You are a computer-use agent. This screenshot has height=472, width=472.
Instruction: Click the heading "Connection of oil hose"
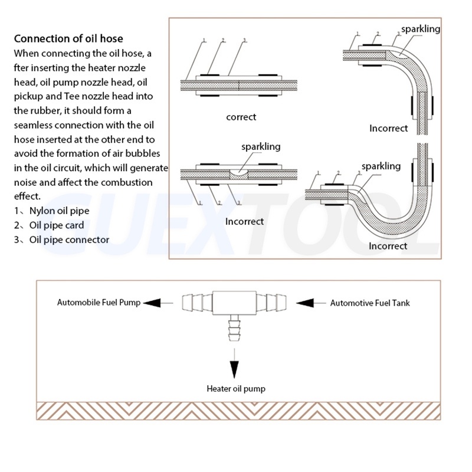tap(68, 39)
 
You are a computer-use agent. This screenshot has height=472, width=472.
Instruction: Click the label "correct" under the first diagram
tap(241, 117)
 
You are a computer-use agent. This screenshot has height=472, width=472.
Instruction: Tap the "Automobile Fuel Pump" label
tap(99, 303)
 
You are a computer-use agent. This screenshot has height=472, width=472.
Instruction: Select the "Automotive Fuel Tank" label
tap(369, 303)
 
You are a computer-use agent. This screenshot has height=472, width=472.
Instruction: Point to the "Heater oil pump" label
tap(235, 389)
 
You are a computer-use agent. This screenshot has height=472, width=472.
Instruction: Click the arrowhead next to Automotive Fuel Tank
tap(306, 303)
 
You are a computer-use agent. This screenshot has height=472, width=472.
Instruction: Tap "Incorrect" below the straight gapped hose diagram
tap(244, 221)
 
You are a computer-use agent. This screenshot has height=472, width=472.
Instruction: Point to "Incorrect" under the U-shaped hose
tap(388, 245)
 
